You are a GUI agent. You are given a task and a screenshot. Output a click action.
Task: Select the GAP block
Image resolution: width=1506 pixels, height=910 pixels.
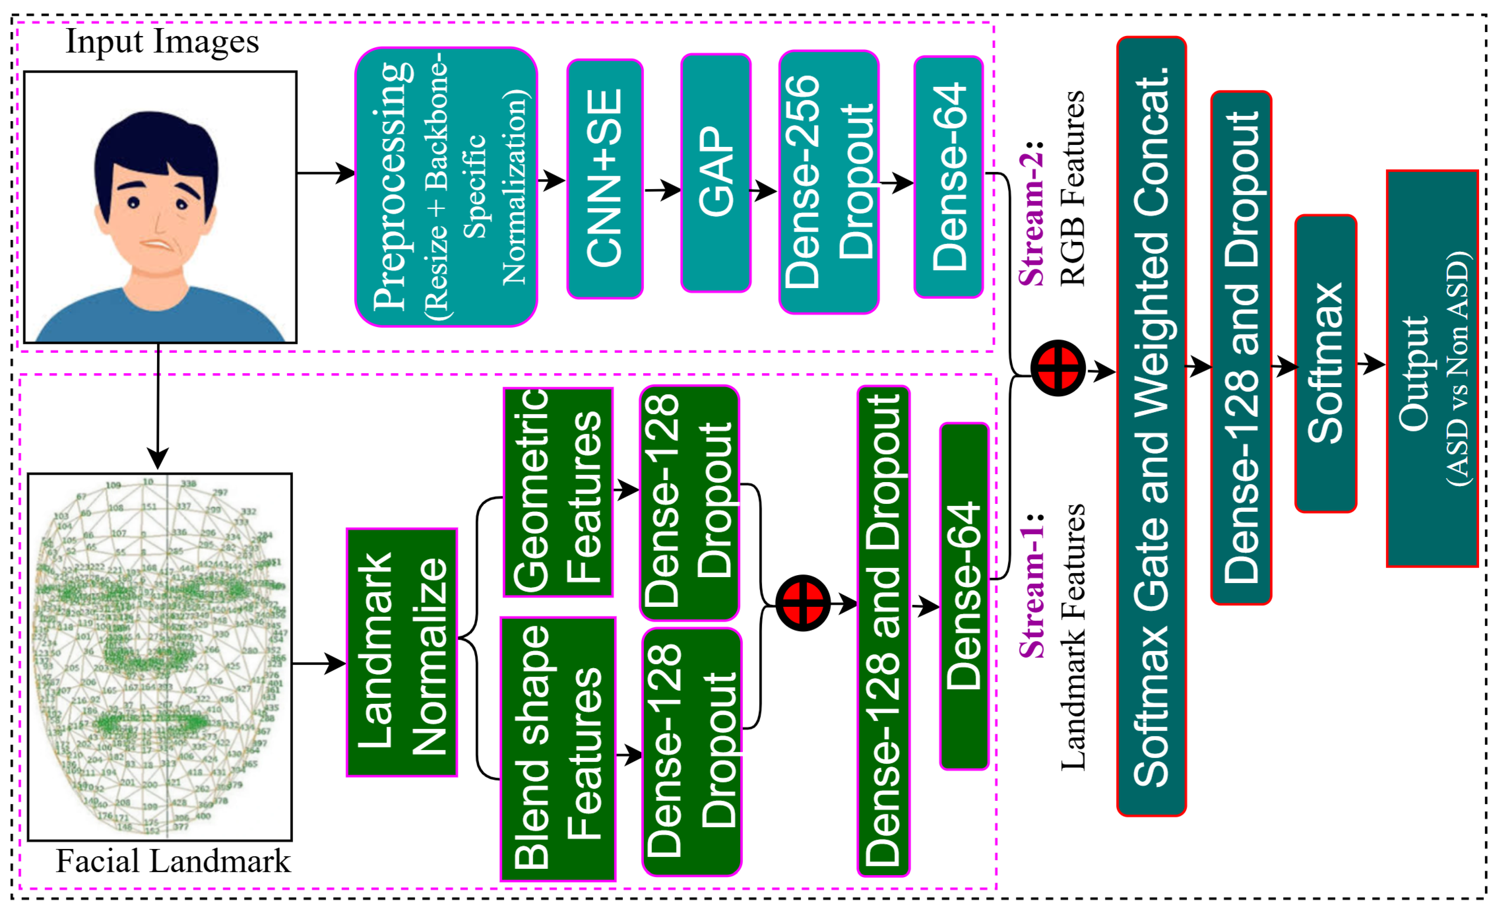click(715, 173)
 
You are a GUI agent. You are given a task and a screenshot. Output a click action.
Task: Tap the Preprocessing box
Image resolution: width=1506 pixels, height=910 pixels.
click(446, 187)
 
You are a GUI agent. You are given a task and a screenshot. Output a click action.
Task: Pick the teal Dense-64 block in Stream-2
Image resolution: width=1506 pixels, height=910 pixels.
click(948, 177)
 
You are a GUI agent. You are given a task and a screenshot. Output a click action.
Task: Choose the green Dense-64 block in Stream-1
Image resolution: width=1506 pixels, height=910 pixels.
click(963, 596)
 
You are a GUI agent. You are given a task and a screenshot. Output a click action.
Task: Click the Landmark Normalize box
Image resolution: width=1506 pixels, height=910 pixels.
click(402, 652)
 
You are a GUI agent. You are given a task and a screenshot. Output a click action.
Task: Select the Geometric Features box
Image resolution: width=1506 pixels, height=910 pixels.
click(557, 492)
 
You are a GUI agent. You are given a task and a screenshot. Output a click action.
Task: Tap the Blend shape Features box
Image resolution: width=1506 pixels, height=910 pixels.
click(557, 748)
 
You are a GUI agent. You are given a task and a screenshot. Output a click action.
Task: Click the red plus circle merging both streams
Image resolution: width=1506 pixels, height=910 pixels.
click(1058, 368)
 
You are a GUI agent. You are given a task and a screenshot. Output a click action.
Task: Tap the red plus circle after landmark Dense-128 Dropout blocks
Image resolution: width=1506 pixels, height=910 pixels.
click(803, 603)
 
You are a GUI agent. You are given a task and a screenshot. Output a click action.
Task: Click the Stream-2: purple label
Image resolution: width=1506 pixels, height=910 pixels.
click(1032, 214)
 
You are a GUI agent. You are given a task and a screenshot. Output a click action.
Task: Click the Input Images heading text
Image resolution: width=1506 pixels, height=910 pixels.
click(162, 42)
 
